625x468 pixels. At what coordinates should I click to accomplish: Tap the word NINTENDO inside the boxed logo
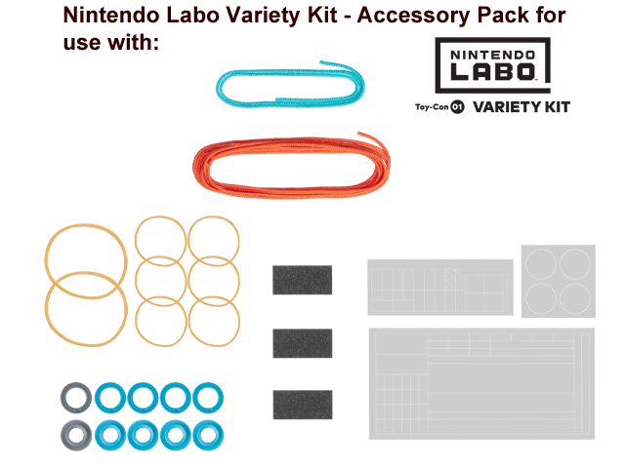point(492,55)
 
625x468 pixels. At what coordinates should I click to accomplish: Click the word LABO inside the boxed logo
point(492,71)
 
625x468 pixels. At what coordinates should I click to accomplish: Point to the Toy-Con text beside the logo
point(432,107)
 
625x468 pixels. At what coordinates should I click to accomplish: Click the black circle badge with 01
point(457,106)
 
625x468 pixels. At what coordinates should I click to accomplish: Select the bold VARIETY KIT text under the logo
point(521,107)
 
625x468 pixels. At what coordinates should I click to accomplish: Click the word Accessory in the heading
point(413,16)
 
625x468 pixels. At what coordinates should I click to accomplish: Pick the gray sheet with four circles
point(558,281)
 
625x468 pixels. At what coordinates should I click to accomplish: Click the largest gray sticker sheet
point(481,383)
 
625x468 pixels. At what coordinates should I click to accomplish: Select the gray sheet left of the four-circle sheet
point(440,288)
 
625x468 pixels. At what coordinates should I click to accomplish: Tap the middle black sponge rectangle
point(303,343)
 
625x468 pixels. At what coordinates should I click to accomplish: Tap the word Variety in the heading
point(281,16)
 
